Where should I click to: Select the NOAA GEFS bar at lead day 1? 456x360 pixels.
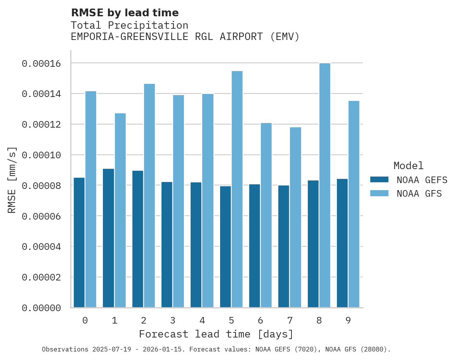(108, 238)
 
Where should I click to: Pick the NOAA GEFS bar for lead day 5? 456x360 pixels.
(225, 247)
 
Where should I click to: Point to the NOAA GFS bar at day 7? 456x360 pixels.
(295, 217)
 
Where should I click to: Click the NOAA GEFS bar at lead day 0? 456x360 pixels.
(79, 242)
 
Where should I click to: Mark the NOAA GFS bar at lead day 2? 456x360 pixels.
(149, 196)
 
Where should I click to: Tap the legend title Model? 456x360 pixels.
(408, 166)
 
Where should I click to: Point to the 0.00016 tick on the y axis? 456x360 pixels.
(41, 63)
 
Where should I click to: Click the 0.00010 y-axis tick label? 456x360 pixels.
(41, 155)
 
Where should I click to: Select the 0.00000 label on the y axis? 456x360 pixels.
(41, 308)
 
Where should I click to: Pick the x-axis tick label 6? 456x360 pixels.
(260, 320)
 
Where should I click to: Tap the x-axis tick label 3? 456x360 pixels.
(173, 320)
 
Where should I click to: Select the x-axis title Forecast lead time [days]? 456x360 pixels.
(216, 334)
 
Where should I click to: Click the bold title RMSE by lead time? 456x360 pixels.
(125, 13)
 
